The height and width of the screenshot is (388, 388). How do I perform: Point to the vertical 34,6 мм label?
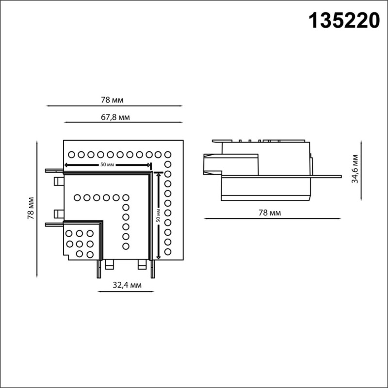click(x=356, y=168)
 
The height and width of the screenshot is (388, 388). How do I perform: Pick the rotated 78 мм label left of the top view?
click(x=31, y=209)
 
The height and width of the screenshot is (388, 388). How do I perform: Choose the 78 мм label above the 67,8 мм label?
click(x=113, y=100)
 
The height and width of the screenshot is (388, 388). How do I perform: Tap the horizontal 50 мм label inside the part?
click(x=107, y=165)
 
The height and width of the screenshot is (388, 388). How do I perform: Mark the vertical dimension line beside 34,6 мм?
click(x=362, y=169)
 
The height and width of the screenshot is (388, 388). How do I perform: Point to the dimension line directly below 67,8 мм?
click(x=123, y=122)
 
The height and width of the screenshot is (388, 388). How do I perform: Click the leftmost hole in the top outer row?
click(x=71, y=154)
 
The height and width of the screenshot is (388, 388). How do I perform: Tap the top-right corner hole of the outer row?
click(x=168, y=154)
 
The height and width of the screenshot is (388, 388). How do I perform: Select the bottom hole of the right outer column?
click(x=168, y=251)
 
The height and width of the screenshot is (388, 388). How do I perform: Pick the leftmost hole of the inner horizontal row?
click(x=78, y=197)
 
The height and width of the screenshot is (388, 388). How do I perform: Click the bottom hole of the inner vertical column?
click(x=126, y=246)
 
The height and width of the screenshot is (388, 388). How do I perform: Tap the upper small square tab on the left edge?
click(x=58, y=181)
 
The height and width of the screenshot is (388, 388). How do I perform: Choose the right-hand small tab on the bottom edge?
click(x=142, y=264)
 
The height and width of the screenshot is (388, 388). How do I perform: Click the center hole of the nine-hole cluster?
click(x=79, y=243)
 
